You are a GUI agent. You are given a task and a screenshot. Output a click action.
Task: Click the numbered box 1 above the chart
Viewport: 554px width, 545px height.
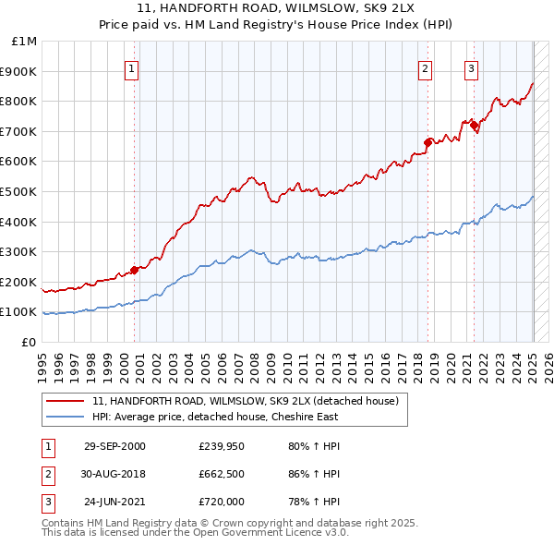[x=131, y=67]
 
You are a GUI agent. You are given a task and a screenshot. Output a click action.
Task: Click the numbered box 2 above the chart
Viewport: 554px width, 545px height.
[x=425, y=67]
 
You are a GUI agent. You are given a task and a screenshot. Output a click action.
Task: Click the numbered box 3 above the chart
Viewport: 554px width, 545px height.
[x=471, y=67]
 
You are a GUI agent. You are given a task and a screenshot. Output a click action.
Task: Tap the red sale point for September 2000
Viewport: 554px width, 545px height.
[x=135, y=270]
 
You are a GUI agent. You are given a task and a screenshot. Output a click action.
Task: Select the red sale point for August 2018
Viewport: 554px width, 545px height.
[x=428, y=142]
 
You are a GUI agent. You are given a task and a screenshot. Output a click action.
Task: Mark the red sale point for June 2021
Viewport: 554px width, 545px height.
[x=475, y=125]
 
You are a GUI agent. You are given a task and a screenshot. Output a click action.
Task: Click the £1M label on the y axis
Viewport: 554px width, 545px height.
[x=25, y=42]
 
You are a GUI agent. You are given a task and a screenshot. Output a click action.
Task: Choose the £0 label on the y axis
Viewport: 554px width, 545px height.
[x=30, y=342]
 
